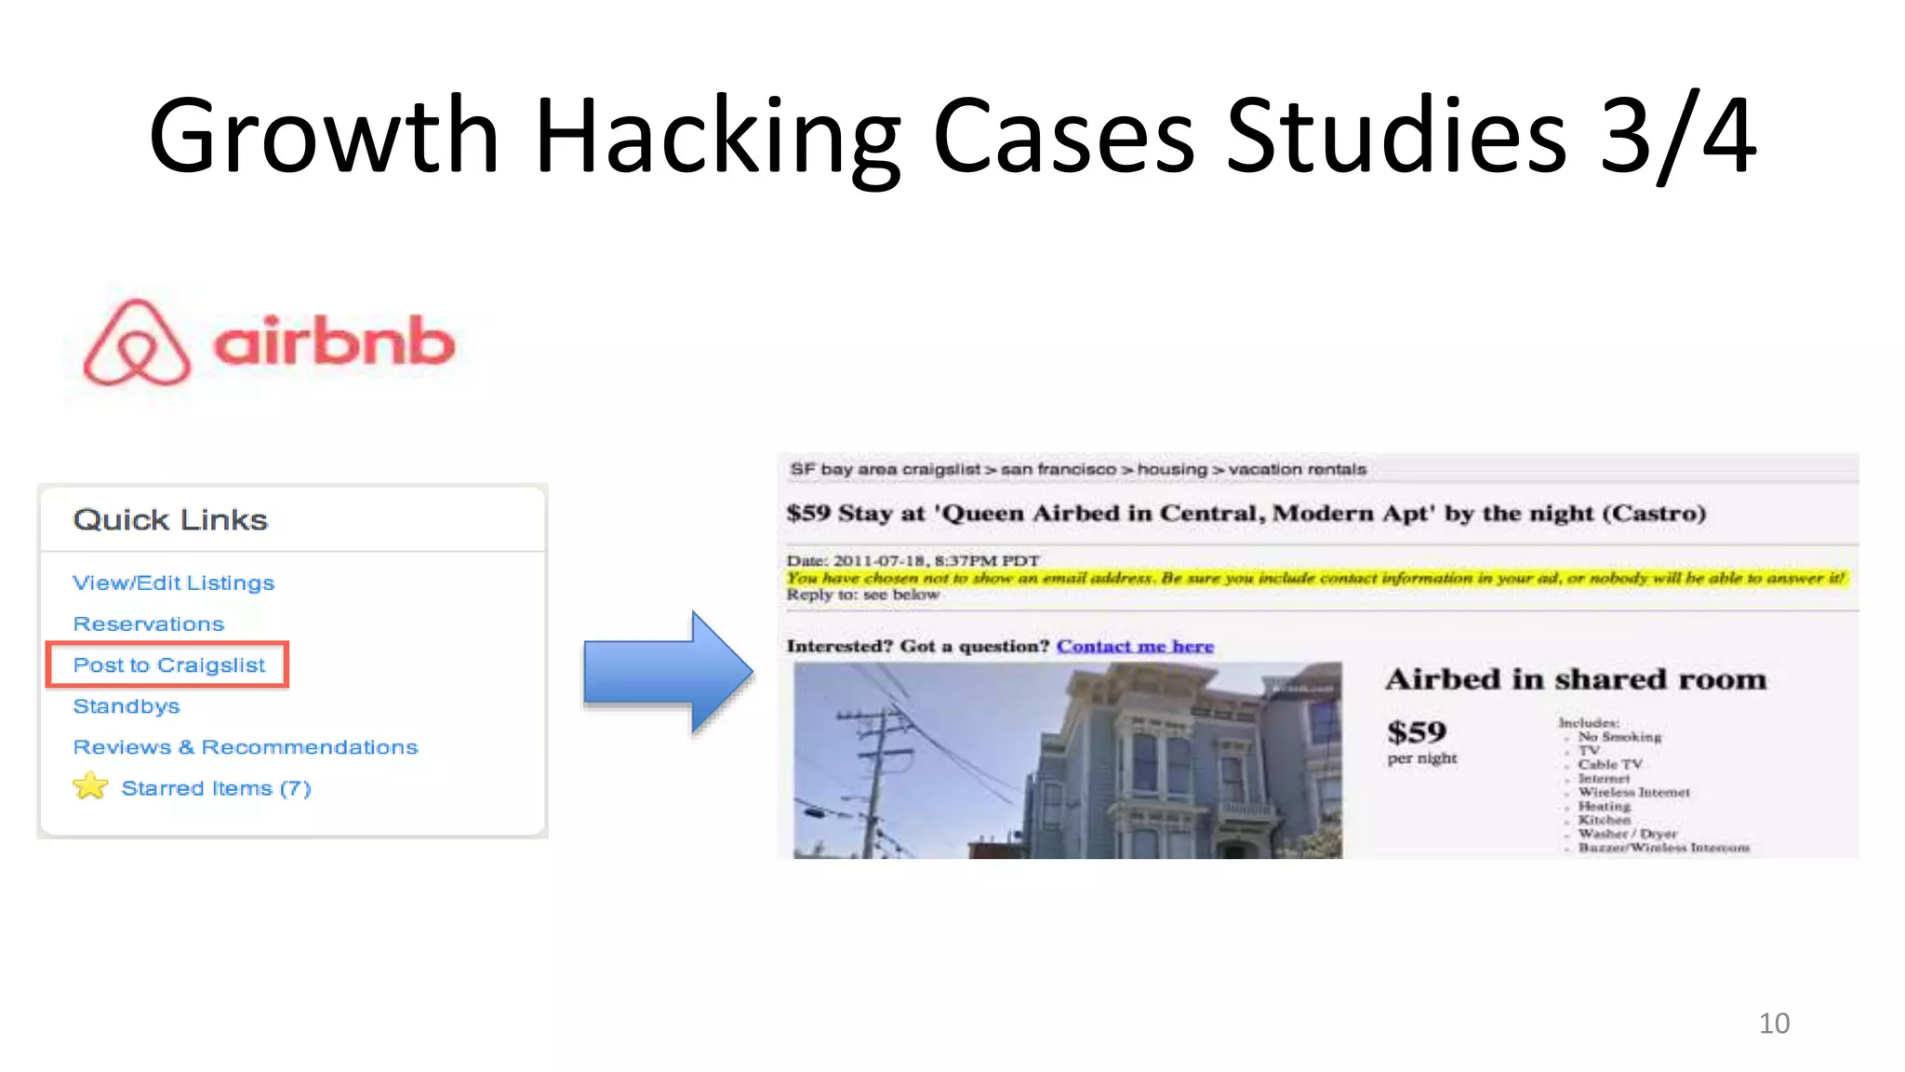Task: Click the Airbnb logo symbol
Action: tap(137, 342)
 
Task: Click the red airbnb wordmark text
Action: tap(334, 342)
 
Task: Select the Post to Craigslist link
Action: tap(168, 664)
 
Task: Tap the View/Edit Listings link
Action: tap(173, 583)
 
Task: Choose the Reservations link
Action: tap(148, 623)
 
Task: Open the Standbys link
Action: tap(126, 706)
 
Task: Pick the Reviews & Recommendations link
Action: tap(245, 747)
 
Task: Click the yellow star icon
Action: tap(90, 786)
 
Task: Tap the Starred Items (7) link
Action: tap(216, 788)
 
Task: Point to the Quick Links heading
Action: tap(170, 519)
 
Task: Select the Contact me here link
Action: tap(1135, 646)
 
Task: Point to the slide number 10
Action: tap(1774, 1023)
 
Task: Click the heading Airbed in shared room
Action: tap(1576, 679)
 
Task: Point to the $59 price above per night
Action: tap(1417, 732)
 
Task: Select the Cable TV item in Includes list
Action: tap(1610, 764)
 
